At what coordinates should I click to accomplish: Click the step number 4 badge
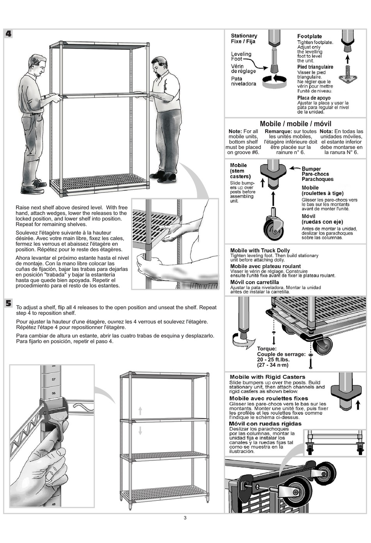coord(8,34)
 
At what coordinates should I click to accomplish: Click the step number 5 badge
coord(9,303)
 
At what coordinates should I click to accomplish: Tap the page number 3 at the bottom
coord(185,518)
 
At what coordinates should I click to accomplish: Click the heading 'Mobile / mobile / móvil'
coord(295,124)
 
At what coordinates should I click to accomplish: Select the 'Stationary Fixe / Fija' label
coord(244,38)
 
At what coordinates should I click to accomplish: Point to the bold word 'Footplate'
coord(309,36)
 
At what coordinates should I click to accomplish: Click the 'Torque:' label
coord(267,349)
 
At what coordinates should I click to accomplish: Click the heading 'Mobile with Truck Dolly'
coord(260,250)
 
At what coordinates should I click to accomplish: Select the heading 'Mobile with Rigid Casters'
coord(267,377)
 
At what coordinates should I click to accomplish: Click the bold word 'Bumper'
coord(311,169)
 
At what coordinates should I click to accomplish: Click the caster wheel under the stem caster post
coord(273,227)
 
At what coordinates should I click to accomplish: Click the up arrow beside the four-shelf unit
coord(140,410)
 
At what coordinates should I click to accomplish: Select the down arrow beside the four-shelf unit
coord(140,430)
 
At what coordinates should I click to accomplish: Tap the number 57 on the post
coord(54,379)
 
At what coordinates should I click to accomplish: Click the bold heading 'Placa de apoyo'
coord(314,98)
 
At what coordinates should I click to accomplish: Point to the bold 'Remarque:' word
coord(278,131)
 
